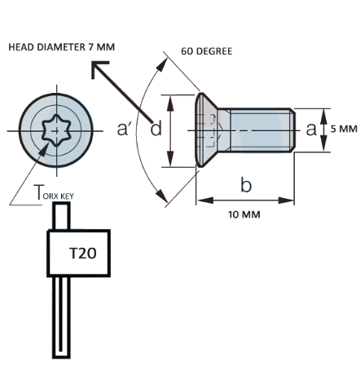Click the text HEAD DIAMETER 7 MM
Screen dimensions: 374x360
[61, 48]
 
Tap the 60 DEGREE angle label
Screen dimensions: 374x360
[207, 51]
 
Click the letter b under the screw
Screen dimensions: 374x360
[246, 186]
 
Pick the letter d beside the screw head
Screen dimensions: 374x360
[156, 129]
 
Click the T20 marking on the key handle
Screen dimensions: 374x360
[82, 253]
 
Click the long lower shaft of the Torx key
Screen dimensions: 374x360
[62, 318]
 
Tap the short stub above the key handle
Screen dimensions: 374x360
[61, 216]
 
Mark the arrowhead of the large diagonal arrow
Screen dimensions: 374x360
[96, 68]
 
